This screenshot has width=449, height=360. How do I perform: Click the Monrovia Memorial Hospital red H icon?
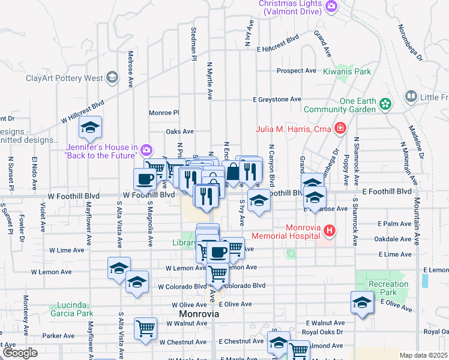[x=328, y=230]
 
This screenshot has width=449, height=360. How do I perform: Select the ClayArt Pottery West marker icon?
[x=112, y=77]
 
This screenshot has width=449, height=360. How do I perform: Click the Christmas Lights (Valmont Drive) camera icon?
[x=331, y=7]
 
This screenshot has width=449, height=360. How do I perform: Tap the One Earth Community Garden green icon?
[x=386, y=104]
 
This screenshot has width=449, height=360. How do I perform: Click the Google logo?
[x=20, y=353]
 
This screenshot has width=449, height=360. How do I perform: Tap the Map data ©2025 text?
[x=424, y=355]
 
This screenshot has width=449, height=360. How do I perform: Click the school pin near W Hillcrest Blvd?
[x=90, y=127]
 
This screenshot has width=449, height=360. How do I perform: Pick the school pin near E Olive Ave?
[x=362, y=302]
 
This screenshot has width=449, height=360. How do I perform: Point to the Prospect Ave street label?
[x=296, y=71]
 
